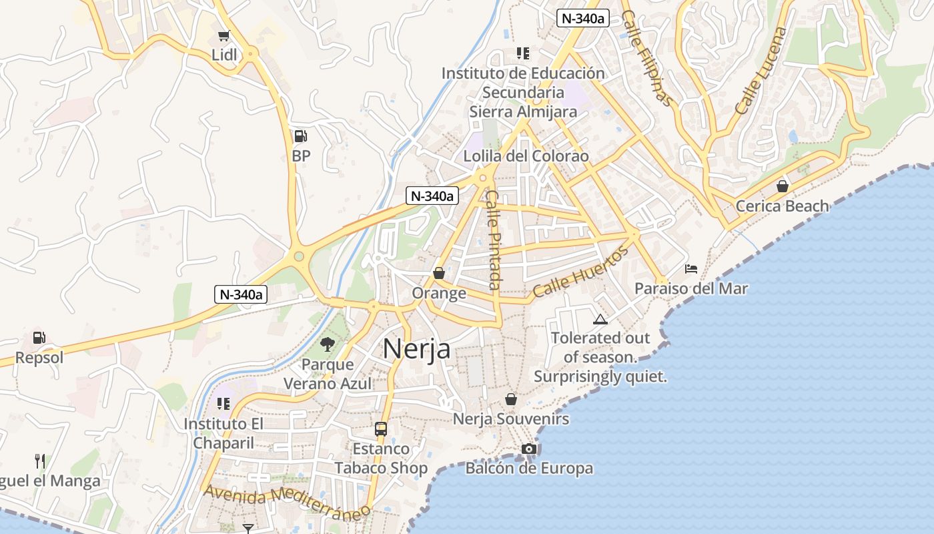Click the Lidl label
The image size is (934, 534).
[x=224, y=55]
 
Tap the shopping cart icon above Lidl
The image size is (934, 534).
[x=224, y=36]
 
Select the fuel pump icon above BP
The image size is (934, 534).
[x=301, y=136]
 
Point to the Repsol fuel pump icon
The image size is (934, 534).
[x=39, y=338]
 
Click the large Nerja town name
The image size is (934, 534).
[x=416, y=349]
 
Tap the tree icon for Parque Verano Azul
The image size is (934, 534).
[x=328, y=344]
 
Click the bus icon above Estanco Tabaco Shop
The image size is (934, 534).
[x=381, y=429]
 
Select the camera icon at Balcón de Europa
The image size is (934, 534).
[x=529, y=449]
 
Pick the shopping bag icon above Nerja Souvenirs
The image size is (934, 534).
[x=511, y=399]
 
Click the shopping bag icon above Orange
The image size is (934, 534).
[x=439, y=273]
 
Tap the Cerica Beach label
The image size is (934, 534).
[x=782, y=206]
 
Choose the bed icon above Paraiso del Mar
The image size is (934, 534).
[x=691, y=269]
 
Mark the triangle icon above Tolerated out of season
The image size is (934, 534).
[x=600, y=319]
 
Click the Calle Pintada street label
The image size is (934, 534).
[x=493, y=240]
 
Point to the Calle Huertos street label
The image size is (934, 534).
[x=581, y=272]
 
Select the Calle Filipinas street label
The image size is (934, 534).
[x=645, y=58]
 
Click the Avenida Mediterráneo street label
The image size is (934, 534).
[x=288, y=503]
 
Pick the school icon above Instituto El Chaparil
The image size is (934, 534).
[x=223, y=404]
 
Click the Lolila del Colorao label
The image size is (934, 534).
[x=526, y=156]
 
